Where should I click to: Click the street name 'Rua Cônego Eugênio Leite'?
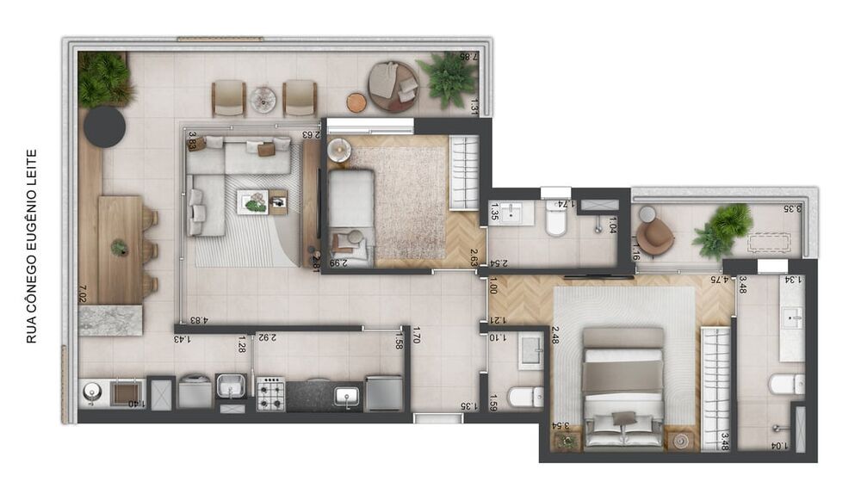32,246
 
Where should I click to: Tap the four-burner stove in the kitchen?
270,393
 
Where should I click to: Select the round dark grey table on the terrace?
105,127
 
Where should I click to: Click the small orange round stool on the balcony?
356,102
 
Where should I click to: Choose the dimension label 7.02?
83,293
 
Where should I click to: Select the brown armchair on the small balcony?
657,235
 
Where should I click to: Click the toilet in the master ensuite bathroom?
786,383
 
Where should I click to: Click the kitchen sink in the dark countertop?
347,395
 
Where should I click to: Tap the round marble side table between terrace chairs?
263,100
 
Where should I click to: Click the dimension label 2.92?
267,337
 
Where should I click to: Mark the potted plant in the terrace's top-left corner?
104,78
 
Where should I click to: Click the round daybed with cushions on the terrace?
393,85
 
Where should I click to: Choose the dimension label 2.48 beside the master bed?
556,334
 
